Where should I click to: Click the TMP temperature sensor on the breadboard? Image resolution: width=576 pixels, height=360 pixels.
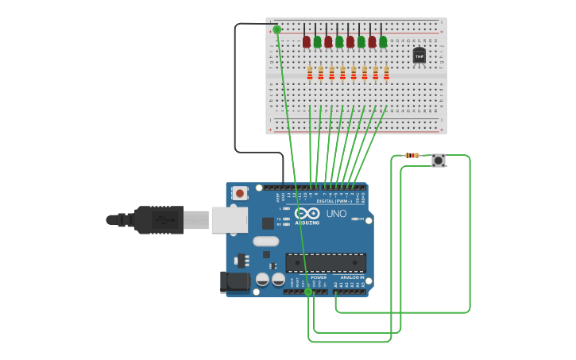click(x=419, y=55)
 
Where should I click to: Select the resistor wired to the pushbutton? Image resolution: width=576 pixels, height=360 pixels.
click(x=412, y=155)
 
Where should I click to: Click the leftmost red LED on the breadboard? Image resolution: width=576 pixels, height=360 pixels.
click(x=306, y=41)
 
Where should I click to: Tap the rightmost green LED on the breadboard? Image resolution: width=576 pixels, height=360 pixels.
click(x=383, y=41)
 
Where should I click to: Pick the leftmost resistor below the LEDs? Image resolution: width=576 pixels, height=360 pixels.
click(x=310, y=73)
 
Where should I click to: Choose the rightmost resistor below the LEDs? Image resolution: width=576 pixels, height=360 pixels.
click(x=387, y=73)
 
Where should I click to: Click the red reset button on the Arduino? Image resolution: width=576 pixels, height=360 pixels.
click(x=239, y=193)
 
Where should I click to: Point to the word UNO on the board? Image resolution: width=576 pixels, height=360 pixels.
click(x=336, y=213)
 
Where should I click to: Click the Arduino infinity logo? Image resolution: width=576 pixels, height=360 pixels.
click(x=307, y=213)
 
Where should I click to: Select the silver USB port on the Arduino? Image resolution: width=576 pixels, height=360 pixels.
click(x=229, y=219)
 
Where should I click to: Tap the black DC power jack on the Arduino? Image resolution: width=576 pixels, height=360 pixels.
click(x=234, y=281)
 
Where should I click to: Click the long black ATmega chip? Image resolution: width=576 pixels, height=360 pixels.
click(x=326, y=262)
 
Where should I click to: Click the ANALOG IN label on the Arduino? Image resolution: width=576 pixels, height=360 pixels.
click(x=352, y=277)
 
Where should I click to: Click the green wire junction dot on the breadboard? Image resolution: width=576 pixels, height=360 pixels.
click(x=276, y=29)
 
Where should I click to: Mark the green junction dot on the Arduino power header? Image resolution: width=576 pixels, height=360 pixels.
click(x=308, y=292)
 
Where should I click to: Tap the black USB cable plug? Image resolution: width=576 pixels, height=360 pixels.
click(x=159, y=219)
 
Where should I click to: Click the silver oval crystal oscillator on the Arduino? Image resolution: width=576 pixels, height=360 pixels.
click(x=266, y=241)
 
